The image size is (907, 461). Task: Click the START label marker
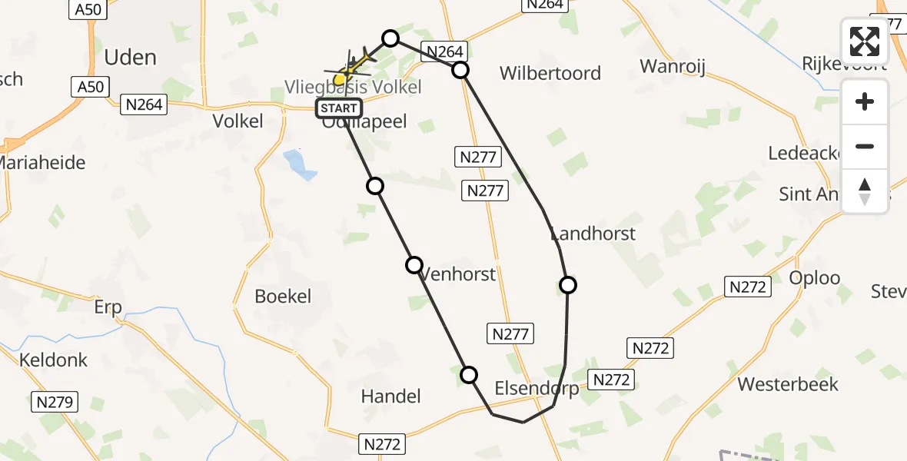coord(338,108)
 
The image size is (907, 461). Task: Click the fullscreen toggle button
coord(865,41)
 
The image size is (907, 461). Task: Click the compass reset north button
coord(865,191)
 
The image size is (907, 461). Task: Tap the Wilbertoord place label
coord(550,74)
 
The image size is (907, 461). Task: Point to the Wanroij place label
coord(673,65)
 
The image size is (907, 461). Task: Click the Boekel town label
coord(283,297)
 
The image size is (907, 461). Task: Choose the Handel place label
coord(391,396)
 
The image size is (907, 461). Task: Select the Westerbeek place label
coord(788,384)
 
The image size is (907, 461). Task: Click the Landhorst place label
coord(593,234)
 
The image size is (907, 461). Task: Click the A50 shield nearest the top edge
coord(88,9)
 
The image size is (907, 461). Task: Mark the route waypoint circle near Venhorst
coord(414,265)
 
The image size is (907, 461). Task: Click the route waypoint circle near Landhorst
coord(567,285)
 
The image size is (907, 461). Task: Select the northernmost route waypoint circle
coord(390,38)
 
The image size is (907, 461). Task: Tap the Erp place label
coord(108,308)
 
